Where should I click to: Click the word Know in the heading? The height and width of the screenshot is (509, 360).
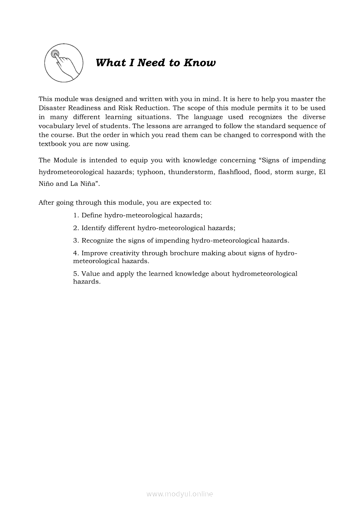tap(199, 63)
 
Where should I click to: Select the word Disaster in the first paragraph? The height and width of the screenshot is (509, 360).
tap(52, 108)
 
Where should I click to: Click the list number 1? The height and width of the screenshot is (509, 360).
tap(75, 215)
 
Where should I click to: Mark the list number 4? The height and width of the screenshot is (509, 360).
tap(75, 253)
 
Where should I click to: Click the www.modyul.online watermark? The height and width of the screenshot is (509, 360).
tap(180, 494)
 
